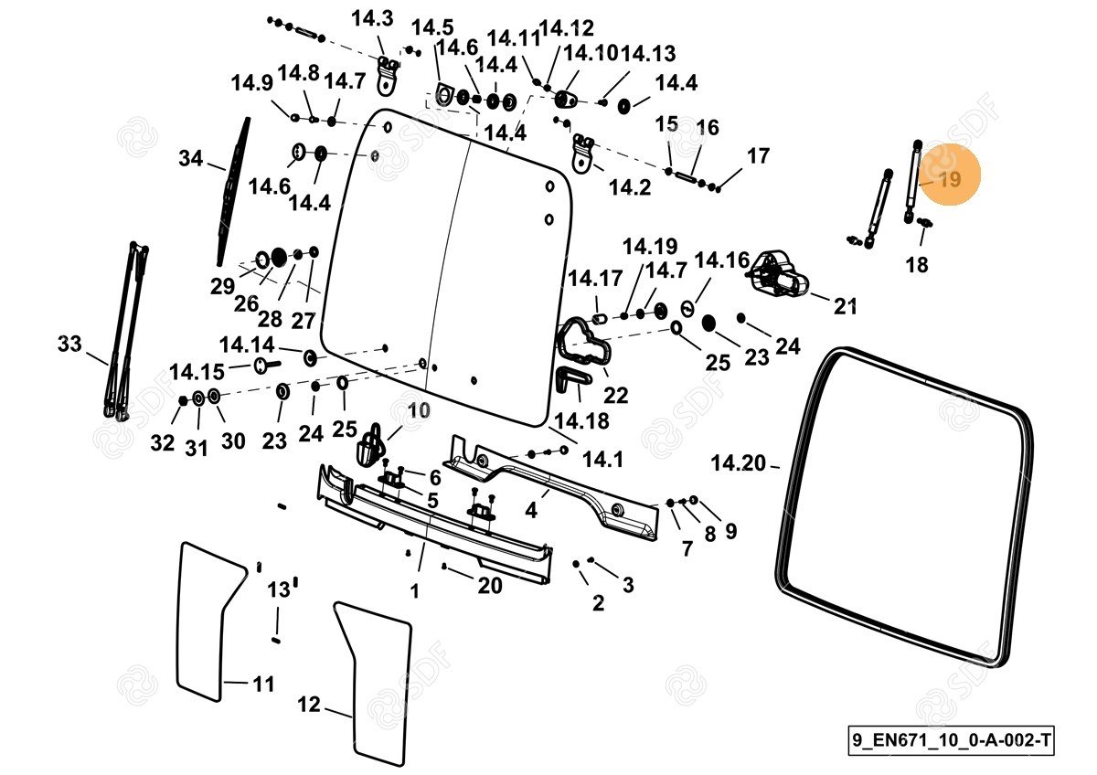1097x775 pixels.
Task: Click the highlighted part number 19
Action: [950, 179]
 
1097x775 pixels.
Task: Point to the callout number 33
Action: [69, 345]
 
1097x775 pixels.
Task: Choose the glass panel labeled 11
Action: [206, 621]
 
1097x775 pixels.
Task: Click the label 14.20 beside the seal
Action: [738, 464]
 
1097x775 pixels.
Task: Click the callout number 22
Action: [616, 395]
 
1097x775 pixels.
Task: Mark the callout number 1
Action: [414, 591]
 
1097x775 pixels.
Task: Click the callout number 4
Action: [531, 510]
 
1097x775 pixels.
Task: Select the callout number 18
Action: [916, 265]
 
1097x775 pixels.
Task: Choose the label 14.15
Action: [197, 372]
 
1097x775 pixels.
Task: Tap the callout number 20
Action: [490, 584]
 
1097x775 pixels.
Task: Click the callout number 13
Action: [278, 589]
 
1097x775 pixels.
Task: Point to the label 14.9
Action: [251, 83]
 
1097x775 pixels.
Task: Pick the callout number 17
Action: [758, 156]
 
